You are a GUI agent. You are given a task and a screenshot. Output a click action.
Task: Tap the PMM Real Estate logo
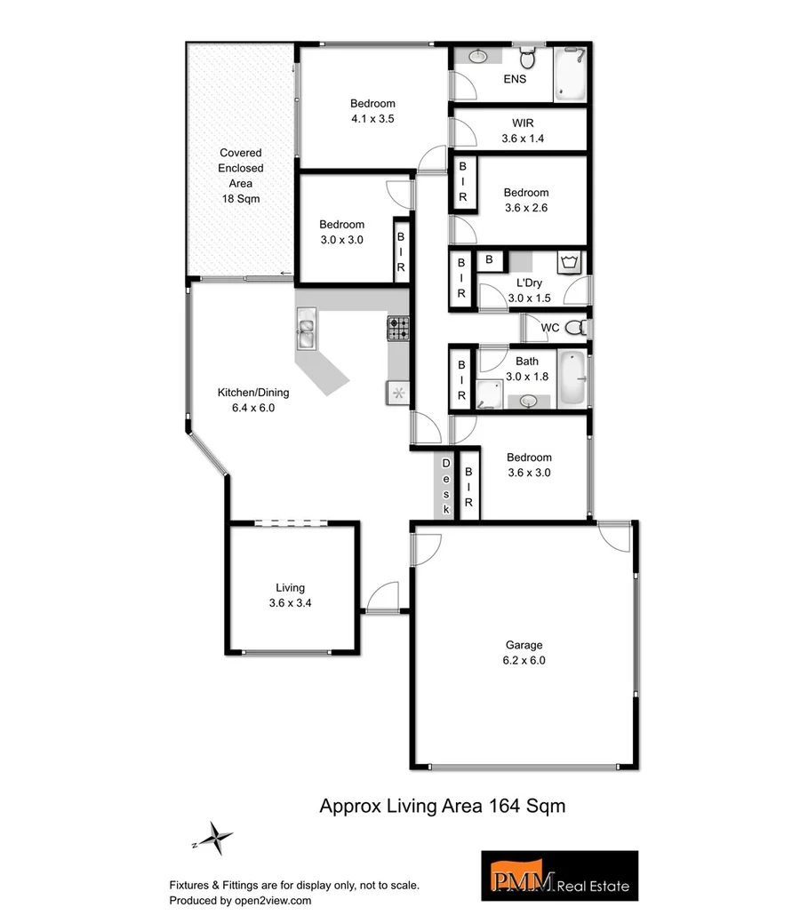(x=559, y=876)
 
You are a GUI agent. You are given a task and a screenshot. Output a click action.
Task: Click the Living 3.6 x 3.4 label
(x=290, y=594)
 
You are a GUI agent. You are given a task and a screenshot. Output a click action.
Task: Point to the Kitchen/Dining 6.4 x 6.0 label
(x=253, y=400)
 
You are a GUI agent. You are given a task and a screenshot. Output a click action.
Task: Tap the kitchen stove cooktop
(x=397, y=329)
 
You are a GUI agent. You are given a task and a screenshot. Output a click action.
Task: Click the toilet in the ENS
(x=527, y=59)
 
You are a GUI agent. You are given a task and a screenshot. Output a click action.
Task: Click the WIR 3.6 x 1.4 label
(x=523, y=131)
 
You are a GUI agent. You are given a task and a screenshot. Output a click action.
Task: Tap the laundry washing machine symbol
(x=569, y=262)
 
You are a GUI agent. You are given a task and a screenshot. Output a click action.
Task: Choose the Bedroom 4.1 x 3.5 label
(x=372, y=111)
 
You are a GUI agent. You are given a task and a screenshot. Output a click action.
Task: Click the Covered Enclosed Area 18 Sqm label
(x=241, y=176)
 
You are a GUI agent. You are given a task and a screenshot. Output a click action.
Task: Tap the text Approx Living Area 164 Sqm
(x=443, y=806)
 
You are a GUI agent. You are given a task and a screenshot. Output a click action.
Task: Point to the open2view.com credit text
(x=240, y=900)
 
